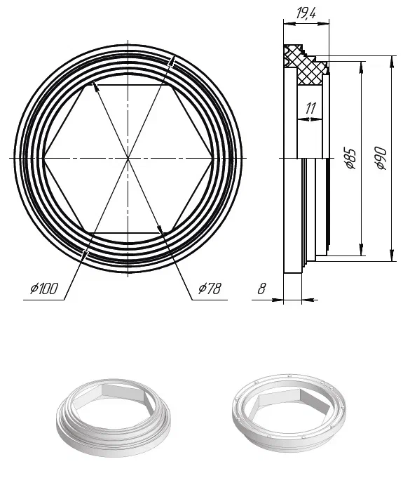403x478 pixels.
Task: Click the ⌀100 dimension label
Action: (x=44, y=288)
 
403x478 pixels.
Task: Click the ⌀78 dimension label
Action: (x=210, y=288)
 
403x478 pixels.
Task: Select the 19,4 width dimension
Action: (x=306, y=13)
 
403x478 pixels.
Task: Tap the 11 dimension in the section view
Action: (x=310, y=108)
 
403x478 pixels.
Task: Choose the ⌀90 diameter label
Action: (x=381, y=158)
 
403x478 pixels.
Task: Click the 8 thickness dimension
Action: (x=261, y=288)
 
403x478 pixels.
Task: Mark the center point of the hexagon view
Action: (x=128, y=158)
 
